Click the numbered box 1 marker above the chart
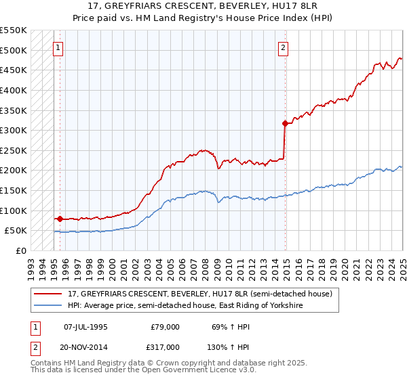point(58,48)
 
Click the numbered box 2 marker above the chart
point(282,48)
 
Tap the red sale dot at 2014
point(284,123)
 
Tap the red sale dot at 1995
point(60,219)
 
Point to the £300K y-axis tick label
point(13,130)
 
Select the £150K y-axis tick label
point(13,190)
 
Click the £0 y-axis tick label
point(20,250)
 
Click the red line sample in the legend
point(48,294)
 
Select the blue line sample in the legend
point(48,307)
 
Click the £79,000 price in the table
point(164,327)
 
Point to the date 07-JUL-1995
point(85,327)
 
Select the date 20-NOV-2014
point(85,347)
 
